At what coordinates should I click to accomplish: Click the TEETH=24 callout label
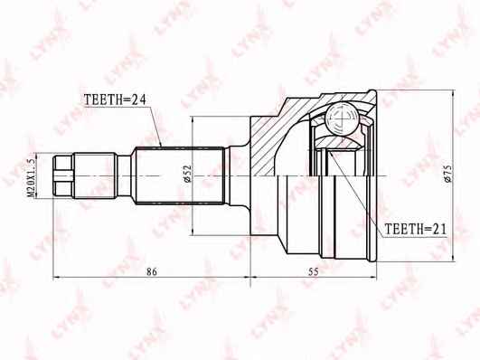pos(115,99)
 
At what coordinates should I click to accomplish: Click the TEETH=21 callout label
pos(416,229)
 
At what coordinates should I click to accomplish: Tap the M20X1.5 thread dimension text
pos(31,177)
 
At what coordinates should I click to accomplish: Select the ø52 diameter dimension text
pos(187,174)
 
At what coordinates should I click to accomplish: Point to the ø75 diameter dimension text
pos(447,174)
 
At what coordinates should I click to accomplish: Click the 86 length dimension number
pos(152,271)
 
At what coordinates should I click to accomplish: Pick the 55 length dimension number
pos(314,271)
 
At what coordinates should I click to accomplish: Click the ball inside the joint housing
pos(342,118)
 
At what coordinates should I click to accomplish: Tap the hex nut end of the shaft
pos(63,175)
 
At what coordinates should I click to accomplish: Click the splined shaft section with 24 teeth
pos(179,175)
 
